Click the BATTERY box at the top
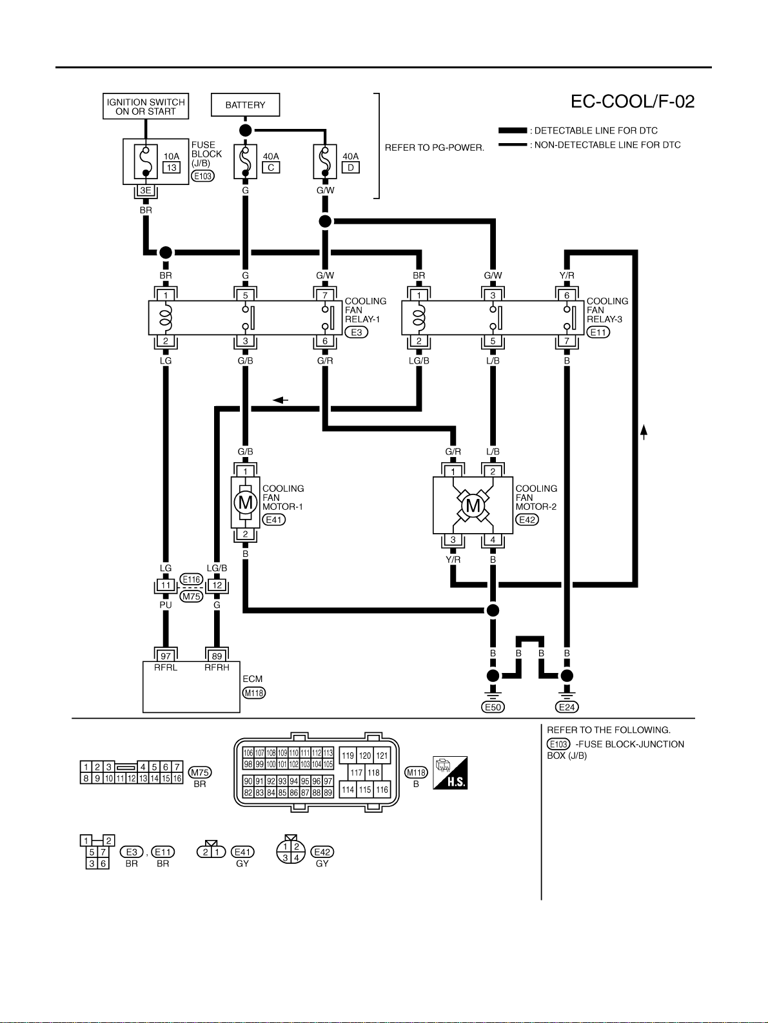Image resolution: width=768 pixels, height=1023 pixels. coord(245,105)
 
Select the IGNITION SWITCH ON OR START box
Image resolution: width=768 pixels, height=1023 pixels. coord(146,106)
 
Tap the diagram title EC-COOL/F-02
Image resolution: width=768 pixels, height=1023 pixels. coord(633,102)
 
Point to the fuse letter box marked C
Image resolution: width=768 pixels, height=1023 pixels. coord(271,168)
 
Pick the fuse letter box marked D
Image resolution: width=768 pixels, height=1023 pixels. coord(350,168)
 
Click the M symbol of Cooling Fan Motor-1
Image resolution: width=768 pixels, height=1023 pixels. coord(245,503)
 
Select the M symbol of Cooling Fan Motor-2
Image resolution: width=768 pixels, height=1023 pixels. coord(473,505)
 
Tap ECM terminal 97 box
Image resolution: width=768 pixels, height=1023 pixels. coord(166,656)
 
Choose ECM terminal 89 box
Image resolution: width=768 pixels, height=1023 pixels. coord(217,656)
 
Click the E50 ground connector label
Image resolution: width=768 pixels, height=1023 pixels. coord(493,707)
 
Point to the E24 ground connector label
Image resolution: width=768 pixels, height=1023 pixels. coord(567,707)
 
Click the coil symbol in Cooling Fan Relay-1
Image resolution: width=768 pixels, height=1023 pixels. coord(166,317)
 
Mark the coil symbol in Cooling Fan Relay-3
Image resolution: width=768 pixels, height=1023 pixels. coord(419,317)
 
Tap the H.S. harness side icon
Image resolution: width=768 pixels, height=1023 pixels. coord(450,773)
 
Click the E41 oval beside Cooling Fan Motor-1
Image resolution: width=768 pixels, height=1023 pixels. coord(273,520)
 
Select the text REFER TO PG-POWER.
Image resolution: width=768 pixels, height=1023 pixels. coord(435,148)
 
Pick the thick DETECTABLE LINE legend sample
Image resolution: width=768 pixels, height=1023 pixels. coord(513,130)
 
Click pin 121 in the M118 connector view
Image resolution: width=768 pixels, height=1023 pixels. coord(382,756)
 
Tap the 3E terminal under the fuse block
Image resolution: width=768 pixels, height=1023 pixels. coord(146,190)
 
